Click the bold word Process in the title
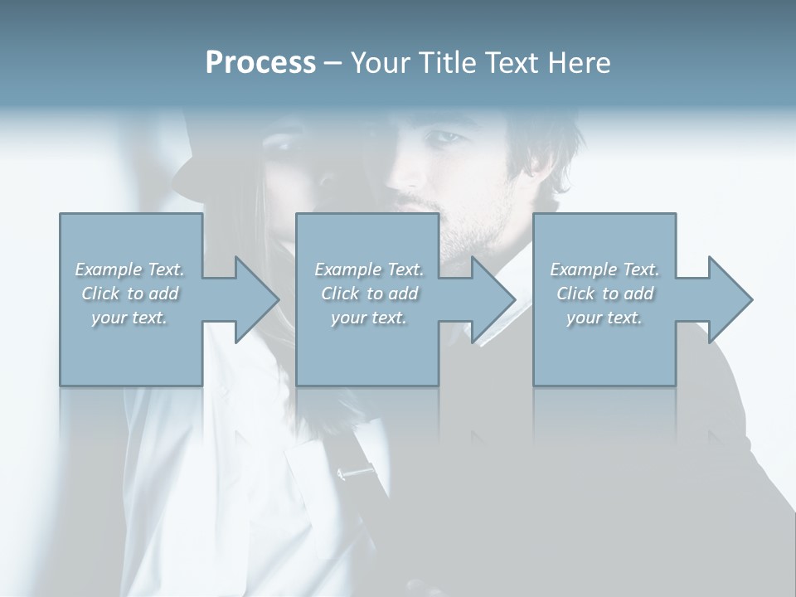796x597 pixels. [260, 63]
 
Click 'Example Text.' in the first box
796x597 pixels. [129, 269]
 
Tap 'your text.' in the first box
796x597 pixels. [129, 317]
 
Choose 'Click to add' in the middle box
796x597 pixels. [369, 293]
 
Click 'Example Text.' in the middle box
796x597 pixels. [369, 269]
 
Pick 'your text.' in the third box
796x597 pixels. [604, 317]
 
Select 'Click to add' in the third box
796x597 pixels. [604, 293]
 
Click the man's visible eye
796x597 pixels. [445, 137]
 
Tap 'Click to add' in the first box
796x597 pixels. [129, 293]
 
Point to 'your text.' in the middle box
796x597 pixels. [369, 317]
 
